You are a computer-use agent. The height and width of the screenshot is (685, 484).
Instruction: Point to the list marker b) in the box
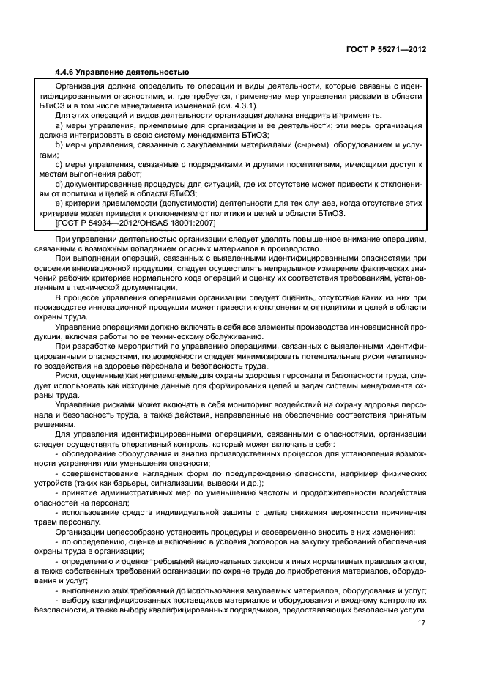click(60, 145)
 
